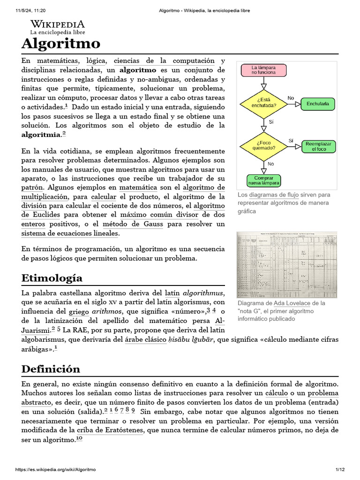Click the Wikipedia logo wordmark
coord(58,24)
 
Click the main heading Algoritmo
coord(61,44)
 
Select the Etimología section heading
coord(52,278)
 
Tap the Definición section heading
coord(51,368)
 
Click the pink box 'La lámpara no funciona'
coord(263,70)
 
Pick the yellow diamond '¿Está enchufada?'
coord(263,103)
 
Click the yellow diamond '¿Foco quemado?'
coord(263,145)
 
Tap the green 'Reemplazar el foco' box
coord(319,146)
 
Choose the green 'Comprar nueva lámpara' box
coord(263,180)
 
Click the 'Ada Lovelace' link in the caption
coord(292,303)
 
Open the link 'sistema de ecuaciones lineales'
coord(70,233)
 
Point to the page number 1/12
coord(340,470)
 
